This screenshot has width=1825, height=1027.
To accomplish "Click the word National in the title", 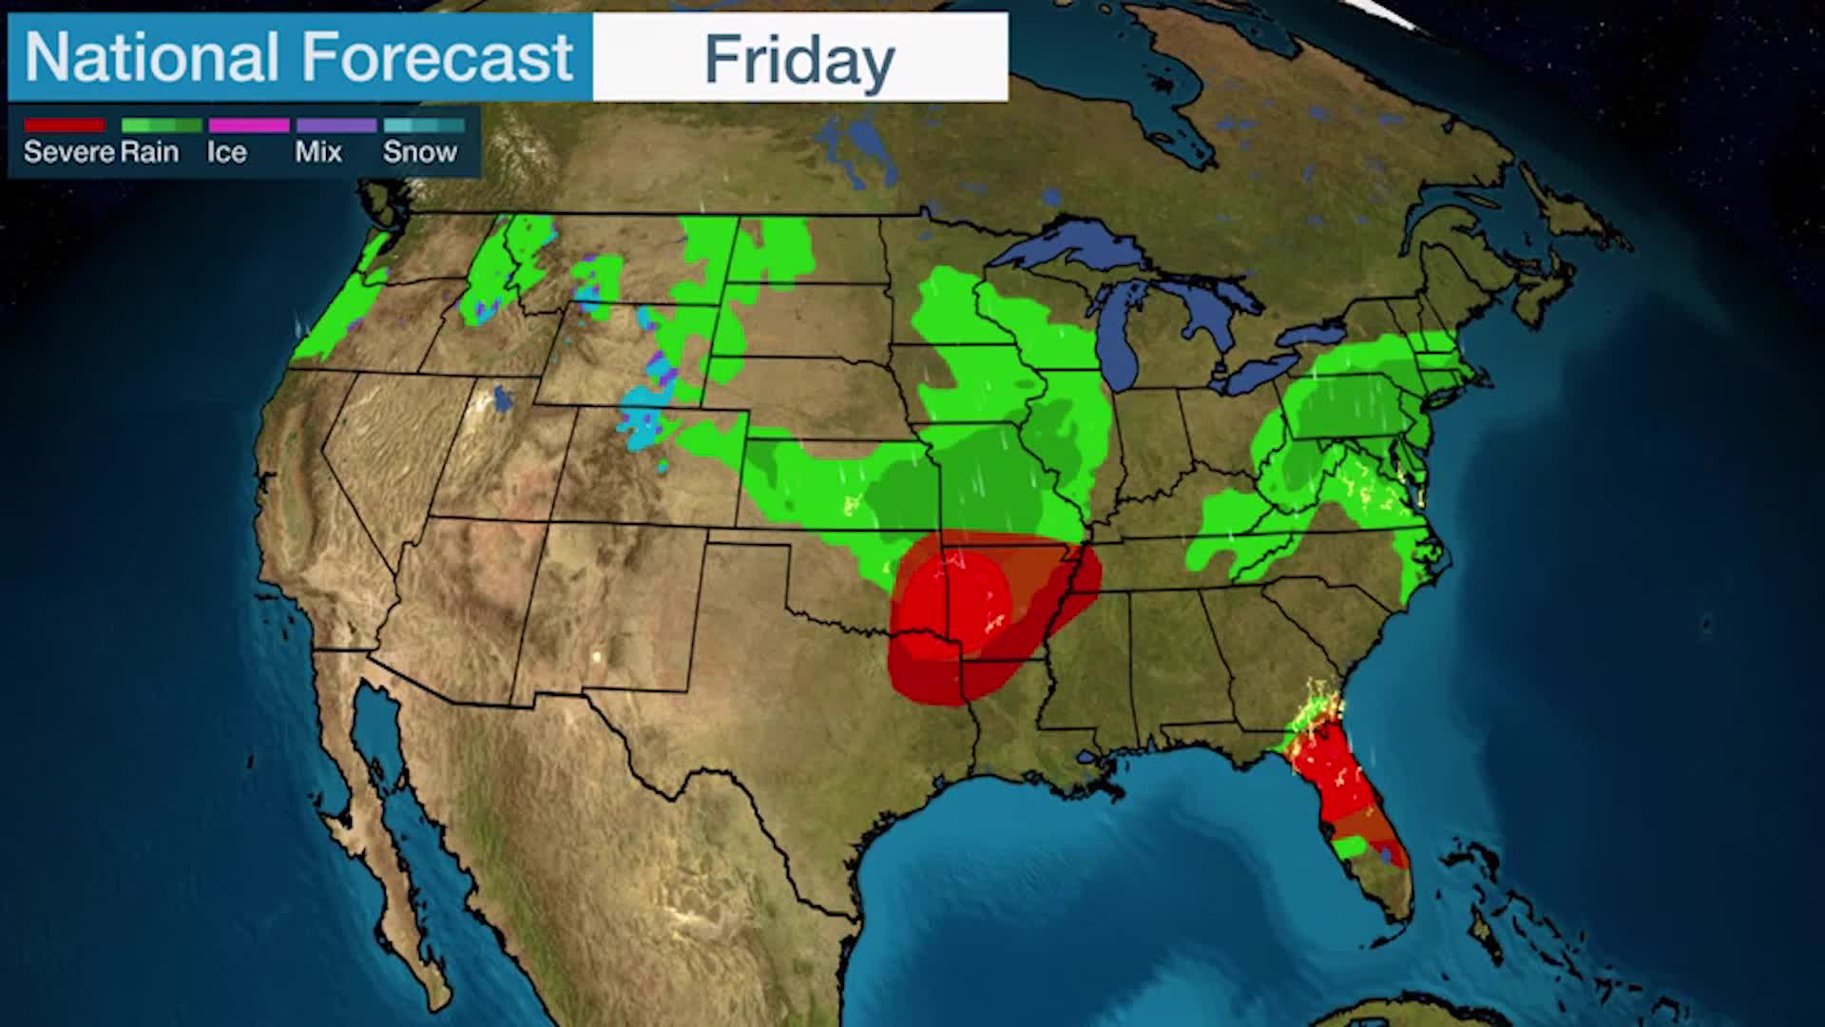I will (x=153, y=57).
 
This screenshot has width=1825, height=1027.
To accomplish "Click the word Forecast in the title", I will (x=437, y=57).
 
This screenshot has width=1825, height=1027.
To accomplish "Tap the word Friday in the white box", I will (x=799, y=59).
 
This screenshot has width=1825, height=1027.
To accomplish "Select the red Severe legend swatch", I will (x=64, y=126).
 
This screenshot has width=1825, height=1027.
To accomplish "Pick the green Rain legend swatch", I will (x=162, y=126).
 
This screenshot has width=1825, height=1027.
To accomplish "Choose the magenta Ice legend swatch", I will (x=249, y=126).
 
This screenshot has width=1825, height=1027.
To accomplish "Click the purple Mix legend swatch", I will (x=336, y=126).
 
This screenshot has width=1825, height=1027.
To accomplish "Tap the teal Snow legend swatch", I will (x=424, y=126).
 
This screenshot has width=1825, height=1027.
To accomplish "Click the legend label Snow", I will (x=419, y=152).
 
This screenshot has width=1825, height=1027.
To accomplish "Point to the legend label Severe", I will (x=68, y=152).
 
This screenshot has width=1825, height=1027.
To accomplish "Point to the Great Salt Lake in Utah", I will (x=501, y=399).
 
